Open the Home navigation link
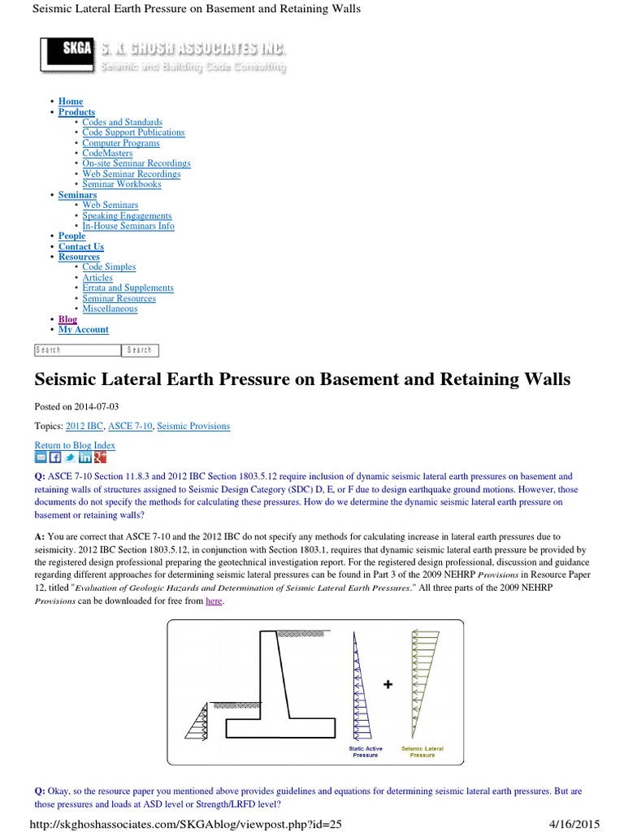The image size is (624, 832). tap(71, 102)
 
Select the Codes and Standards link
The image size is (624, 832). tap(122, 122)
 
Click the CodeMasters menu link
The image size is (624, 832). tap(107, 153)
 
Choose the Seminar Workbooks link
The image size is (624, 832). tap(122, 184)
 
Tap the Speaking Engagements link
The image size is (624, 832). tap(127, 216)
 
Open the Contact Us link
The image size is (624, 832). tap(81, 246)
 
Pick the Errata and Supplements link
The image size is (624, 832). tap(128, 288)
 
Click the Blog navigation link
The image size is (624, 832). tap(67, 319)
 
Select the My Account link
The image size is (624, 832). tap(83, 330)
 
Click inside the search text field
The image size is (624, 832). tap(77, 350)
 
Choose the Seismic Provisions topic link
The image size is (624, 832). tap(193, 426)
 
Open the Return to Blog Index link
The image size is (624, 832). tap(75, 445)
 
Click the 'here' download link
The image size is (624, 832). tap(214, 600)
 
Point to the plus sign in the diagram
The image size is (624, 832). tap(388, 684)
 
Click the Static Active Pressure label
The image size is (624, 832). tap(366, 752)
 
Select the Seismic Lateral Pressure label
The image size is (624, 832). tap(422, 752)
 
